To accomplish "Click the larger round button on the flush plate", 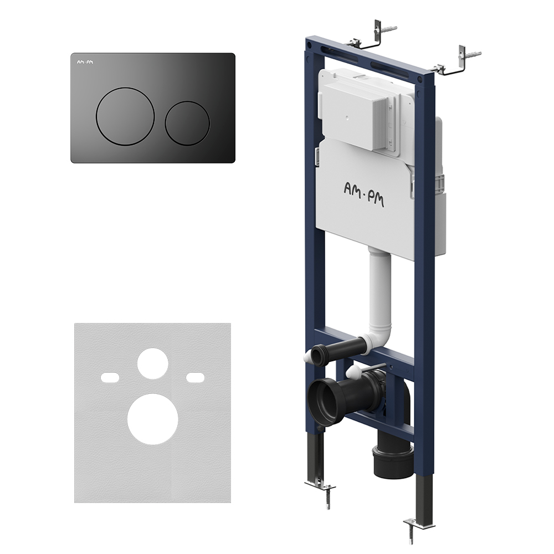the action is click(x=125, y=116).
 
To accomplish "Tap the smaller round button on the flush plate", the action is click(x=187, y=124).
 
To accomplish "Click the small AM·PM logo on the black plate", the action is click(x=85, y=62).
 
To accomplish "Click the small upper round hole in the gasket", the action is click(x=153, y=363).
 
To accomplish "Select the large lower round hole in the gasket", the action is click(x=153, y=419).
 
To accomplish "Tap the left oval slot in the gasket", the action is click(x=110, y=377).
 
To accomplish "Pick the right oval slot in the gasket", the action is click(x=196, y=377).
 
